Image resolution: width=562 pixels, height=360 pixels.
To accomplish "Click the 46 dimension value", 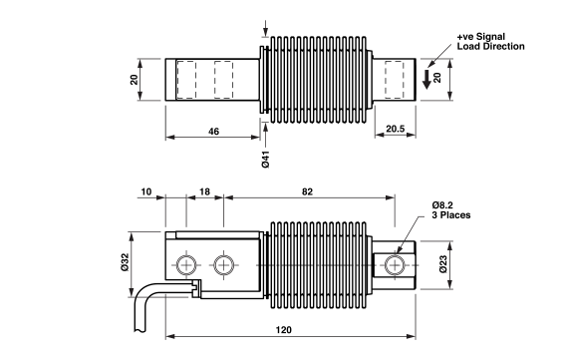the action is tap(213, 132).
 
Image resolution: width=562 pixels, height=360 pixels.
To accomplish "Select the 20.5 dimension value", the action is tap(396, 129).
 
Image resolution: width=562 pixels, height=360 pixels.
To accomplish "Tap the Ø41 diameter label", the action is tap(266, 160).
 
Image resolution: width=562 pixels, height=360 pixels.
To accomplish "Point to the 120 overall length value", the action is tap(284, 329).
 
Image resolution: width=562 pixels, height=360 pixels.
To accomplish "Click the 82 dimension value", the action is tap(307, 191).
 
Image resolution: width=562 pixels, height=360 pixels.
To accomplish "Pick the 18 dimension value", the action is tap(204, 191).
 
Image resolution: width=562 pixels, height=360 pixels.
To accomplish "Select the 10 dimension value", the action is tap(146, 191).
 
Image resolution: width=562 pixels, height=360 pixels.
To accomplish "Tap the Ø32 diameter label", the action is tap(125, 262).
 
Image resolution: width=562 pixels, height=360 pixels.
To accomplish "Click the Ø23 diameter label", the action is tap(443, 264).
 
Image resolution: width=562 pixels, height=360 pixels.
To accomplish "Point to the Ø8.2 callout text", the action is tap(442, 205).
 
